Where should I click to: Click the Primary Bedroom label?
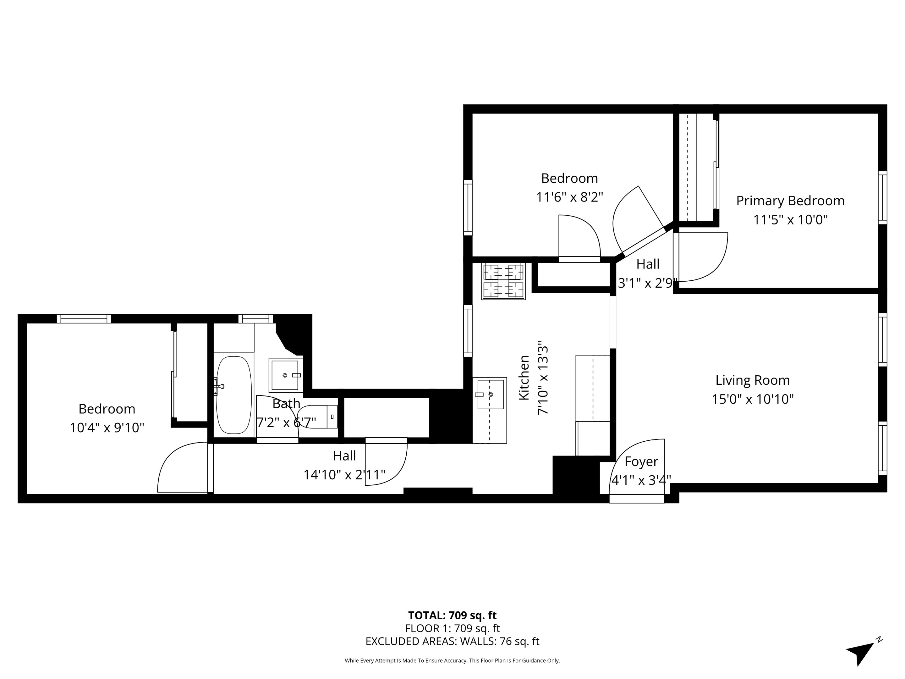[790, 201]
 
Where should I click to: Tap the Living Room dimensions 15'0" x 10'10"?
[752, 399]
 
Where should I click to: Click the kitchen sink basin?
[490, 395]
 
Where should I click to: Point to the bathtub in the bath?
[233, 395]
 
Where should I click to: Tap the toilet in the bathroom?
[318, 417]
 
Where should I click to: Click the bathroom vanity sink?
[285, 375]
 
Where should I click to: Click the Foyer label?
[641, 462]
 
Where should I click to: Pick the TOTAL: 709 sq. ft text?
[452, 615]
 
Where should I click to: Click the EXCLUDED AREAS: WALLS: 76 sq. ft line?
[452, 641]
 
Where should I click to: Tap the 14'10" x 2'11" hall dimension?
[344, 475]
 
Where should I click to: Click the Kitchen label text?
[524, 377]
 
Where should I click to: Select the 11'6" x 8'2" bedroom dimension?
[569, 197]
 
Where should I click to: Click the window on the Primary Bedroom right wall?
[882, 197]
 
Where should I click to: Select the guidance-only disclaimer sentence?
[452, 660]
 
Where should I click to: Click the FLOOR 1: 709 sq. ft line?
[452, 628]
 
